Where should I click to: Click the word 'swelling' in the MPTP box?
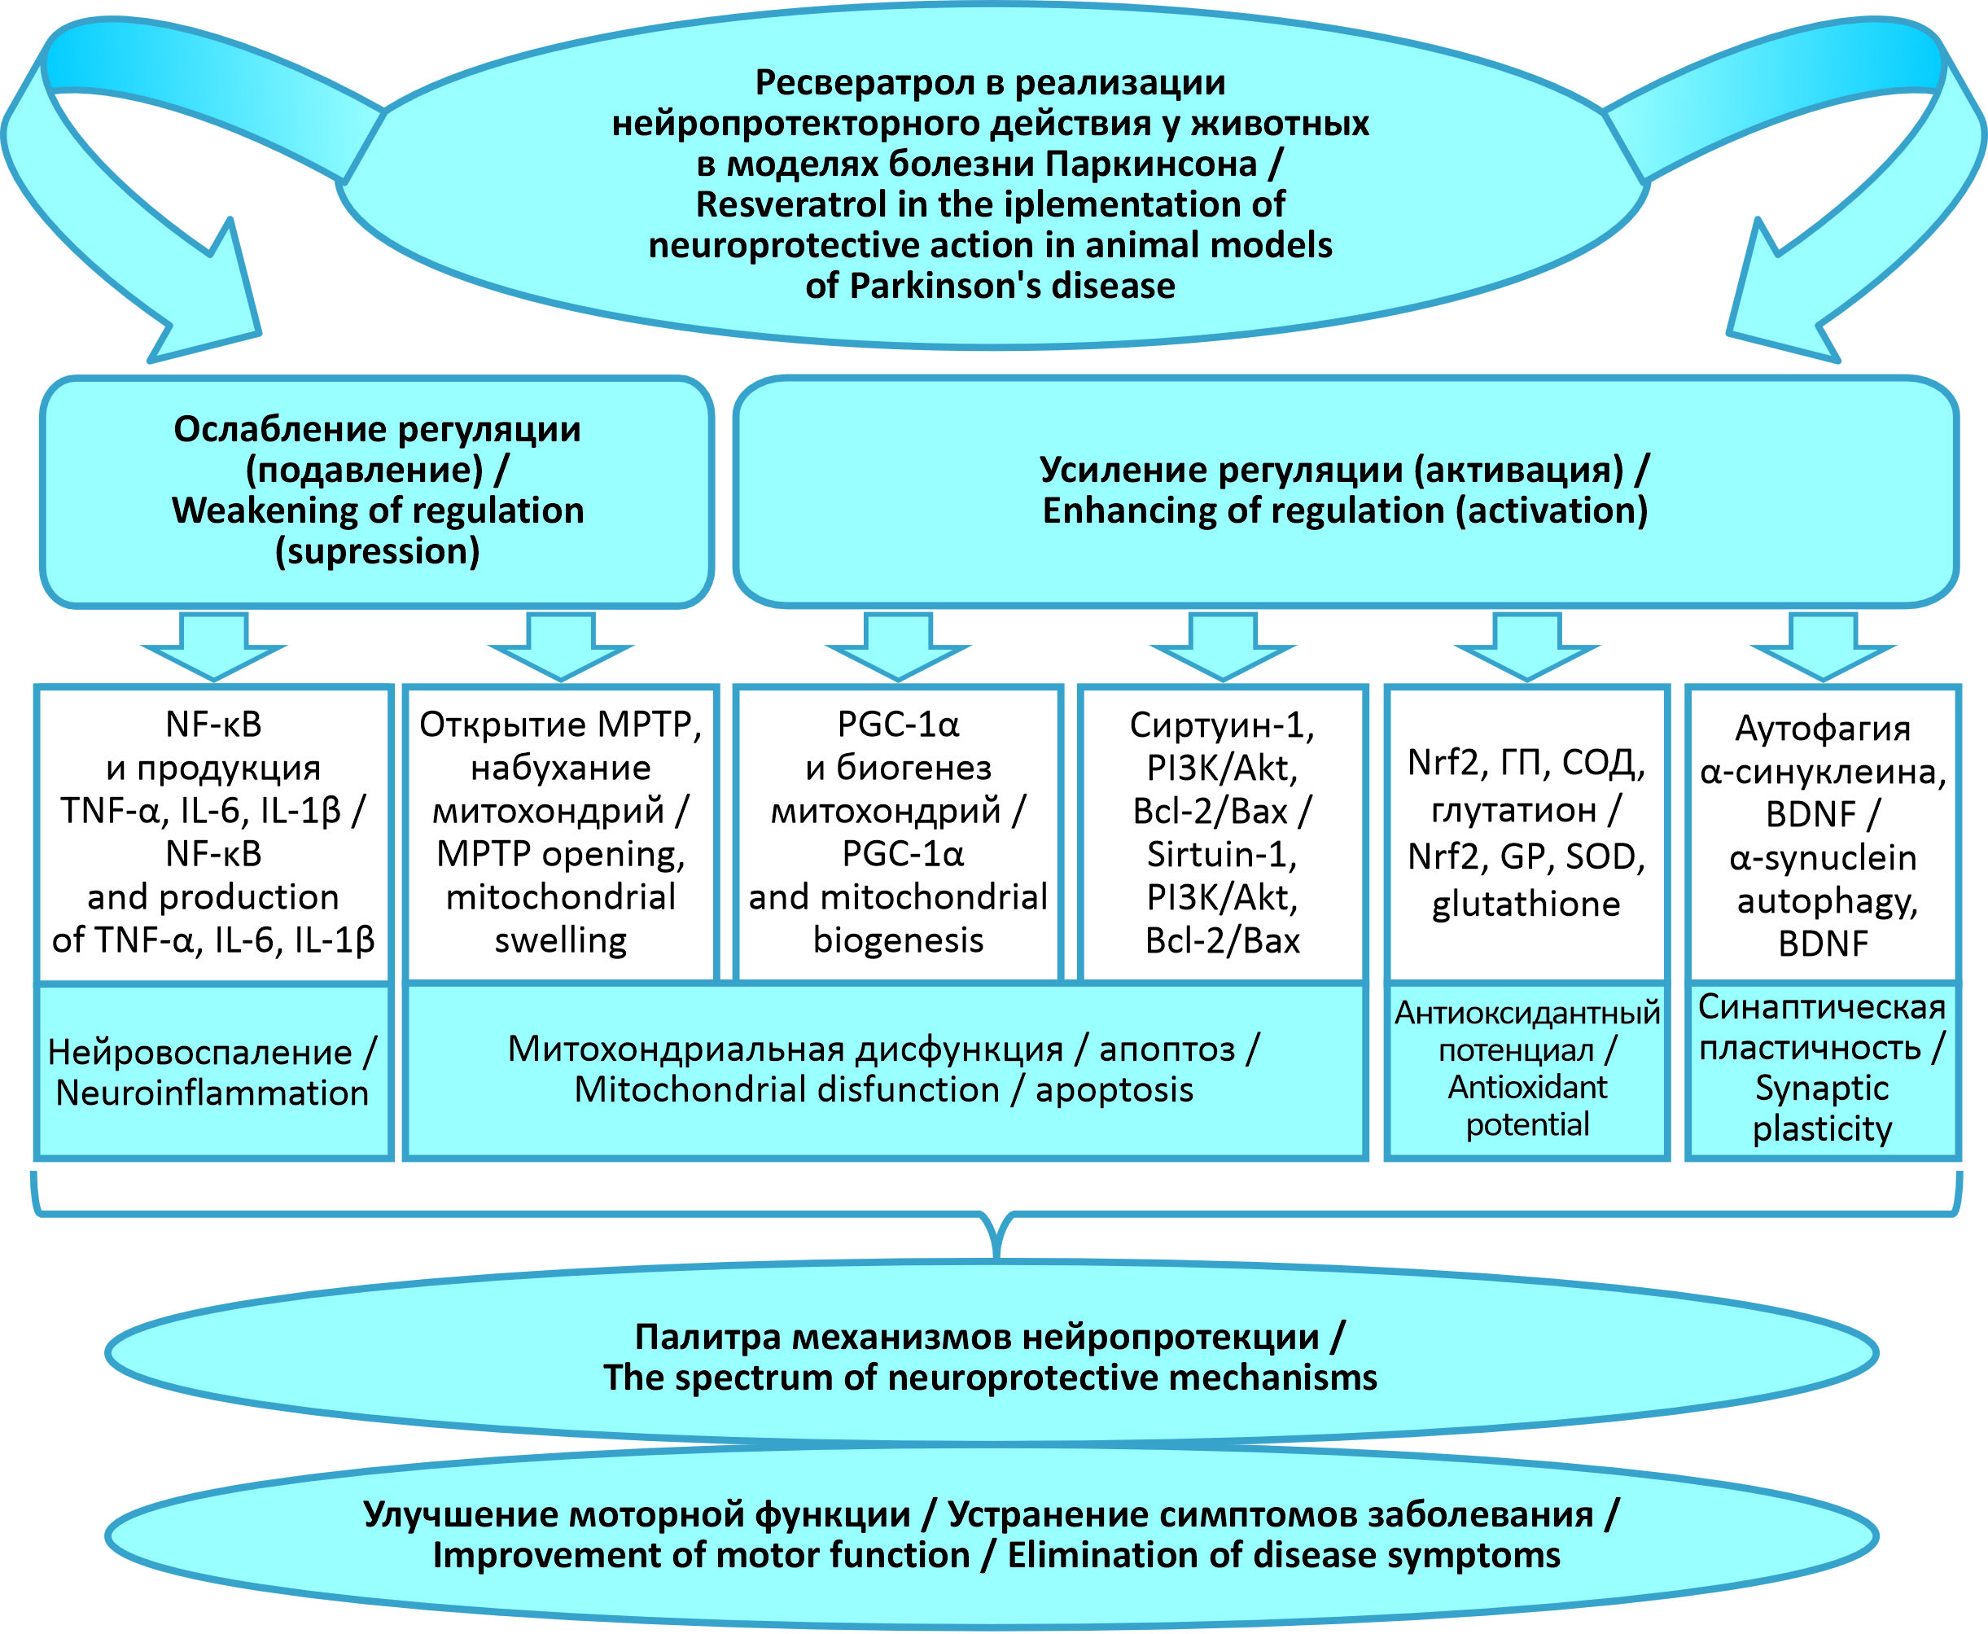coord(561,940)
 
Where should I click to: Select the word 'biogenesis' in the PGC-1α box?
coord(898,940)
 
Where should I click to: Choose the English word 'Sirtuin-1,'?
coord(1222,855)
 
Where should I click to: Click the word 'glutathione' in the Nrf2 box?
coord(1526,904)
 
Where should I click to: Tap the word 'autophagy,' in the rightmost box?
coord(1827,900)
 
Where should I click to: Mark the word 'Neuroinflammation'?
coord(212,1093)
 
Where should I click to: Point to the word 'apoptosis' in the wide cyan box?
coord(1114,1089)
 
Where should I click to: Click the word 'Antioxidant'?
coord(1526,1087)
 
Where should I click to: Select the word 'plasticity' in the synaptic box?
coord(1822,1128)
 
